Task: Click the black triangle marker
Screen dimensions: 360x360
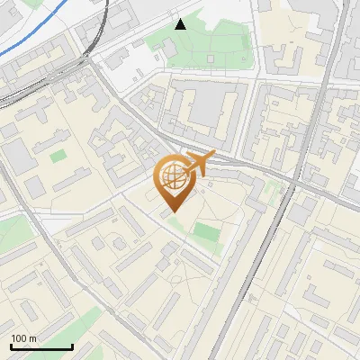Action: click(181, 24)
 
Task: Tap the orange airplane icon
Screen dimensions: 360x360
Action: click(200, 163)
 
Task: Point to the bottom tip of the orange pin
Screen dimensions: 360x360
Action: click(171, 212)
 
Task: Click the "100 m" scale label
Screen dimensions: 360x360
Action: click(24, 338)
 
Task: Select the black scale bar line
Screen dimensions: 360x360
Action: click(41, 347)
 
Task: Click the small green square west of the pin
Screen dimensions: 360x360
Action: click(58, 157)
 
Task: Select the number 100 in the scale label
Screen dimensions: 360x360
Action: click(19, 338)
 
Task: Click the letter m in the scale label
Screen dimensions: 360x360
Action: click(33, 338)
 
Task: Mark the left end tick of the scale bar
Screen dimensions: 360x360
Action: click(11, 346)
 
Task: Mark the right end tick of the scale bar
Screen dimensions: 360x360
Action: click(72, 346)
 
